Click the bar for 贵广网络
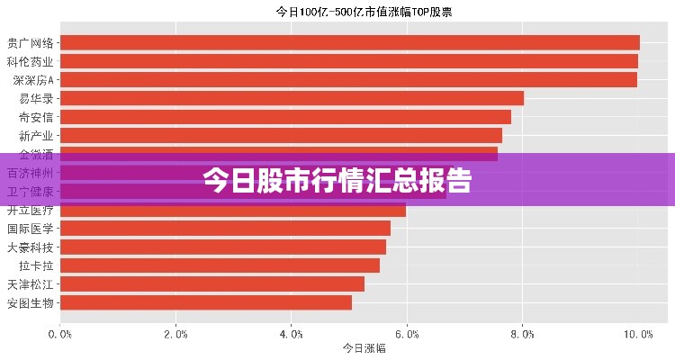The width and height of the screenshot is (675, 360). (349, 42)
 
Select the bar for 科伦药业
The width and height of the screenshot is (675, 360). (348, 61)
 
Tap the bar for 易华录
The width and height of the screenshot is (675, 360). (292, 98)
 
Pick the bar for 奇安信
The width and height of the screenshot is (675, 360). (285, 117)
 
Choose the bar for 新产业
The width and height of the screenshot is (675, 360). (281, 136)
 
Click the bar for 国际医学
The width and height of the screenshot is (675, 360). (225, 229)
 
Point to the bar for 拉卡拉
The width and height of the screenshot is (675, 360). (220, 265)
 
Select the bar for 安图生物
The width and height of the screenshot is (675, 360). (206, 302)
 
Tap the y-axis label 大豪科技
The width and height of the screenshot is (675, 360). (31, 247)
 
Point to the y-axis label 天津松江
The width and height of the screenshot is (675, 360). (31, 284)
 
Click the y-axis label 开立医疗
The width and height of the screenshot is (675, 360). (31, 211)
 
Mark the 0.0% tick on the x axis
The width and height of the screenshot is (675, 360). (60, 334)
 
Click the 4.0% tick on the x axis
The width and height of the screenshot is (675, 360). (291, 334)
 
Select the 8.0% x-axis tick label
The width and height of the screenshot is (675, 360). (522, 334)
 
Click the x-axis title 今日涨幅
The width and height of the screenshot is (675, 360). (364, 348)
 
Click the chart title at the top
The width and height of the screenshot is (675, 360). (363, 13)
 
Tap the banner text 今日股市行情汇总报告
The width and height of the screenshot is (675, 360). (337, 181)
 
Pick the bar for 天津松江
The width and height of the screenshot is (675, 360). (212, 284)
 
